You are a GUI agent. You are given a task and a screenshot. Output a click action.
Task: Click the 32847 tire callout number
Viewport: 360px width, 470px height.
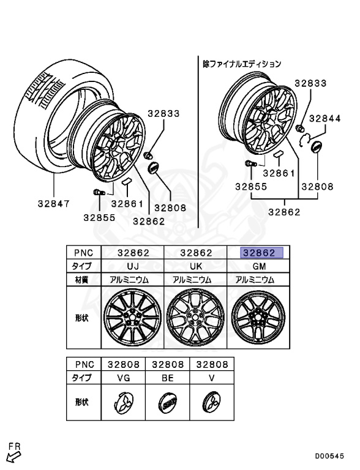(x=54, y=204)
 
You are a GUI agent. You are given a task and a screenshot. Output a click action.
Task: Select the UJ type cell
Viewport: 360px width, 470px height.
(x=133, y=266)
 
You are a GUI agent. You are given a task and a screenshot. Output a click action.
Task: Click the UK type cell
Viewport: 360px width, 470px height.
(x=195, y=266)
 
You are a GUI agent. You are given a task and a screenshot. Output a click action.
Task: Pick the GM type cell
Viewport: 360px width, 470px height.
(x=259, y=266)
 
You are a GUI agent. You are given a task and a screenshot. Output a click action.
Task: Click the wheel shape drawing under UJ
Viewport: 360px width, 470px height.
(x=132, y=317)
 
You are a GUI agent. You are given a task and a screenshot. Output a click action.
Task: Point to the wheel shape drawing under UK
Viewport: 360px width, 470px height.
(x=195, y=317)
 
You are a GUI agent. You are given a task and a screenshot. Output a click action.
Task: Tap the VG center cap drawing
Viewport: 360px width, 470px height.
(x=124, y=402)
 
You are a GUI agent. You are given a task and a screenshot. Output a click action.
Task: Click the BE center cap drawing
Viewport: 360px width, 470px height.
(x=167, y=403)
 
